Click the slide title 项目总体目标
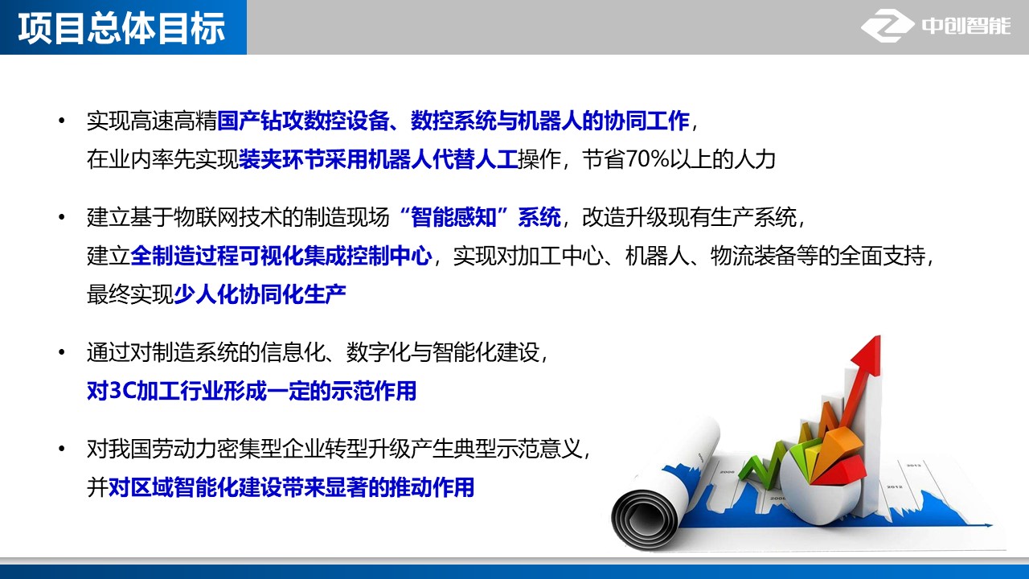point(121,28)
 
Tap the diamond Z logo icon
point(888,26)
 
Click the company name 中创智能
point(966,27)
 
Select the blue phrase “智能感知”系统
point(480,217)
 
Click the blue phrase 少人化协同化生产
point(260,294)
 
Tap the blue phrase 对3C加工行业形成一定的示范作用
point(252,391)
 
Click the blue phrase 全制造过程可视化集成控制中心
point(281,256)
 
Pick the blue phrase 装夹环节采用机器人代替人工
point(378,159)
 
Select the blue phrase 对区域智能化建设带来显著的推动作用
point(291,487)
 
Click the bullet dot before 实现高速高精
point(62,121)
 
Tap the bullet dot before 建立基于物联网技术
point(62,217)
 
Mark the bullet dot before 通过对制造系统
point(62,352)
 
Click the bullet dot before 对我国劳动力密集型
point(62,449)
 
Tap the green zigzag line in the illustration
point(763,464)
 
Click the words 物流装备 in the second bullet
point(752,256)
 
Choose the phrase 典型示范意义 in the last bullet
point(518,449)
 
